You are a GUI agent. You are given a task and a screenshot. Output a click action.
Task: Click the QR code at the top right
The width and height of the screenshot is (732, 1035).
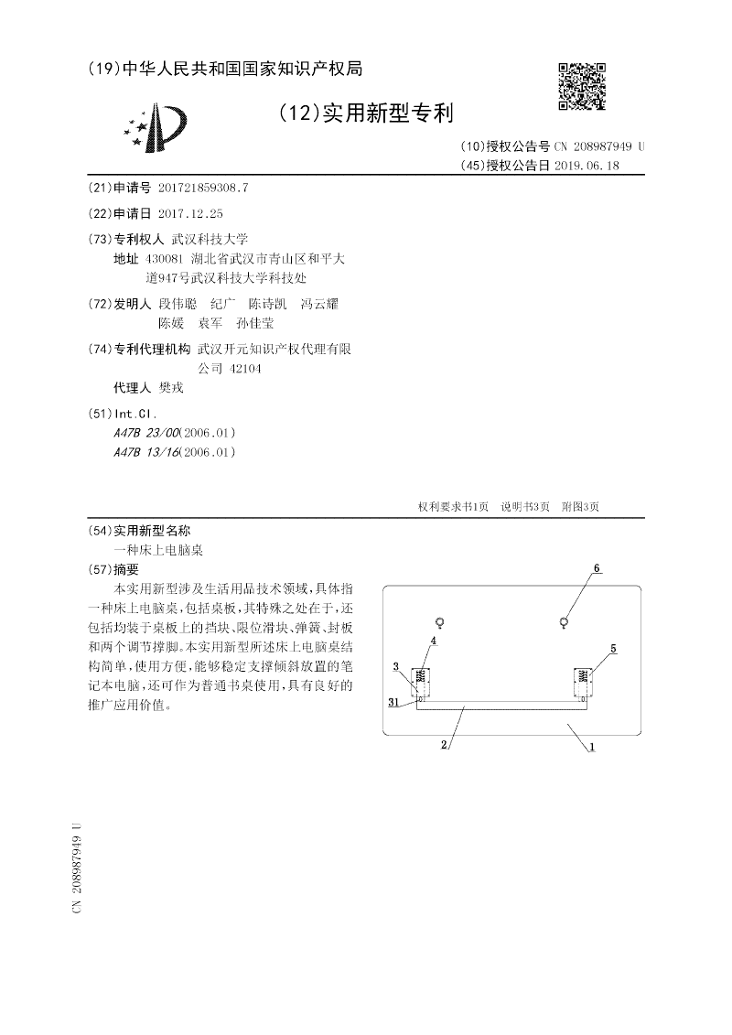point(581,86)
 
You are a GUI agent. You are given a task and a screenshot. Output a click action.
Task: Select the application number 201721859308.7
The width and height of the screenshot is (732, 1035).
point(203,188)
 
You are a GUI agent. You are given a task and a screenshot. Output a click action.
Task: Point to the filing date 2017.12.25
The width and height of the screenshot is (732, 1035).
point(190,212)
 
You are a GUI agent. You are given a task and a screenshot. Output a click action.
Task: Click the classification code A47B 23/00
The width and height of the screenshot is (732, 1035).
point(148,432)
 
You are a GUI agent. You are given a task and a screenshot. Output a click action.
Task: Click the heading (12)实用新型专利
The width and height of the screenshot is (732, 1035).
point(365,113)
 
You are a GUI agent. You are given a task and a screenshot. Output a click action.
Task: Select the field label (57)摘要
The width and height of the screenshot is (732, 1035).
point(119,568)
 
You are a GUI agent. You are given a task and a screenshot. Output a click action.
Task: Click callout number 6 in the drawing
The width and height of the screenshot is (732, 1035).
point(597,568)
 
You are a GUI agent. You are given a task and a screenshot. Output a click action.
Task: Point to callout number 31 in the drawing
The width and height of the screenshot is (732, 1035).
point(393,703)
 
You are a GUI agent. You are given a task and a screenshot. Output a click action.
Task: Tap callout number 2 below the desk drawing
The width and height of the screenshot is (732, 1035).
point(443,745)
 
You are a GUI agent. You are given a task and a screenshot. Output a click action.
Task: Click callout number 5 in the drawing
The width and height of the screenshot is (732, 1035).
point(613,649)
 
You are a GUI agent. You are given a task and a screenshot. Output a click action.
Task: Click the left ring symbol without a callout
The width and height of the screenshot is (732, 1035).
point(440,623)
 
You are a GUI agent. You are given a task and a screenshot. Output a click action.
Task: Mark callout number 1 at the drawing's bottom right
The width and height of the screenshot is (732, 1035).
point(592,747)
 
